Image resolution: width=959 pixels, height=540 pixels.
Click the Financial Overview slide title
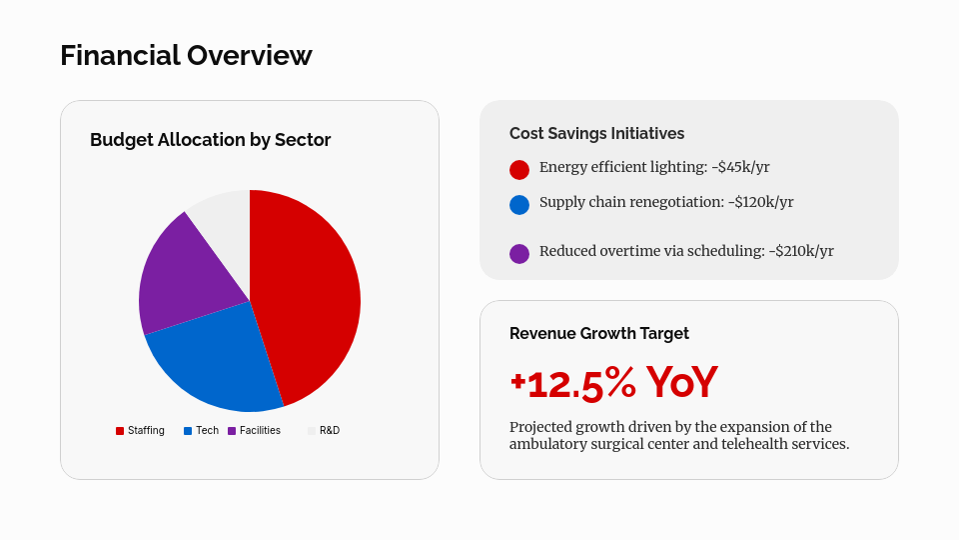(x=186, y=55)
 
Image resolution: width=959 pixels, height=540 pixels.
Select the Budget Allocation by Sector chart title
(x=210, y=140)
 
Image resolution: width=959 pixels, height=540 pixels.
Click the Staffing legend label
(x=146, y=430)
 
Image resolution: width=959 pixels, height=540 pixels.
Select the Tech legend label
(x=207, y=430)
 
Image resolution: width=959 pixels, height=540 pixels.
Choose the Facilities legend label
(x=260, y=430)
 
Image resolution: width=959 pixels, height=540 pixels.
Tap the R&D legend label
(x=330, y=430)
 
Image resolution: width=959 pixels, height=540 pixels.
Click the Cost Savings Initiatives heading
(x=596, y=133)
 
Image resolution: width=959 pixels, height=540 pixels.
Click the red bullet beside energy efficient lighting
(x=519, y=170)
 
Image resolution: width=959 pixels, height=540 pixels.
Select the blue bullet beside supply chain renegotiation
(x=519, y=204)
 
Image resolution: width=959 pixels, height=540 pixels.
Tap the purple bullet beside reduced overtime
(x=519, y=253)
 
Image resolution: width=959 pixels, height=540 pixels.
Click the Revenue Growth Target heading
(x=599, y=334)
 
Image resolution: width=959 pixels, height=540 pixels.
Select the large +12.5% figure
(x=572, y=383)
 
